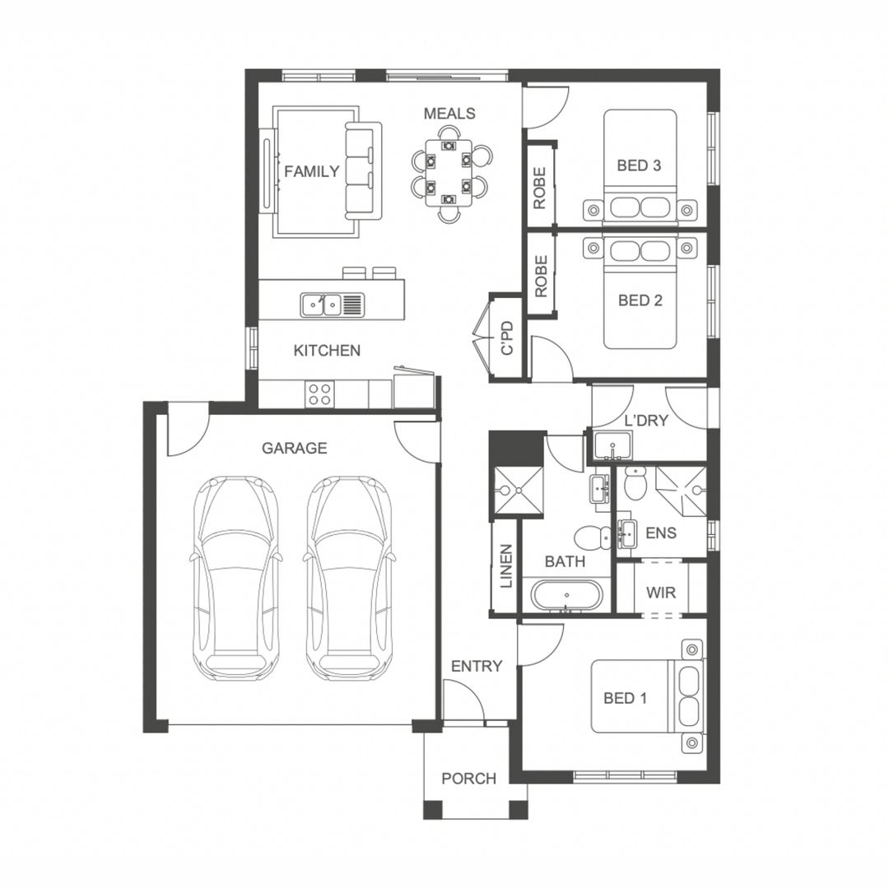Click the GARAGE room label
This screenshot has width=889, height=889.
(x=294, y=449)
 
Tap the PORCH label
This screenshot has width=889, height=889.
(x=468, y=778)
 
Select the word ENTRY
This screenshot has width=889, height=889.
(x=476, y=666)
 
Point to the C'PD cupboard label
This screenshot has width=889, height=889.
(x=508, y=338)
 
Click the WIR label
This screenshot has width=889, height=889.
(x=662, y=593)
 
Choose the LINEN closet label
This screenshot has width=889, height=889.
(x=505, y=567)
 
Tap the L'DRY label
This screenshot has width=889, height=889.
(x=645, y=421)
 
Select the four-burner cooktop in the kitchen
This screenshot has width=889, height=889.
(x=319, y=394)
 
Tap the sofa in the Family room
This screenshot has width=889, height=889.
(x=363, y=170)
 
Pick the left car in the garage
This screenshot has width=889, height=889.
(x=235, y=578)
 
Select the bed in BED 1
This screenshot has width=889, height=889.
(x=646, y=696)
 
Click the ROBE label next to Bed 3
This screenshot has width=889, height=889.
(x=540, y=188)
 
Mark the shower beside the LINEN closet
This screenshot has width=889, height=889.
(x=518, y=491)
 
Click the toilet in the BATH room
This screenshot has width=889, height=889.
(x=589, y=538)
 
